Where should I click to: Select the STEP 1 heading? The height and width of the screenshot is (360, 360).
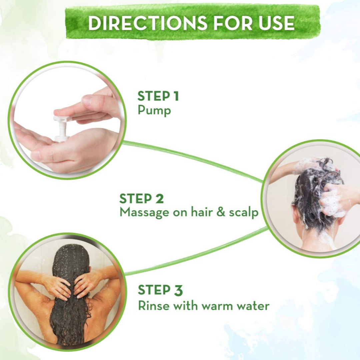[158, 96]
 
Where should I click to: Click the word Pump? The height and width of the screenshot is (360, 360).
[154, 111]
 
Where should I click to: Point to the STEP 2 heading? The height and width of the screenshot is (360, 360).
[141, 199]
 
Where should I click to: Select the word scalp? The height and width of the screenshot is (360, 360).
[244, 213]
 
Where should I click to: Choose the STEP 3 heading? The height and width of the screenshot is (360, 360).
[160, 290]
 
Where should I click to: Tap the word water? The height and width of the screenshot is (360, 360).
[253, 306]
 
